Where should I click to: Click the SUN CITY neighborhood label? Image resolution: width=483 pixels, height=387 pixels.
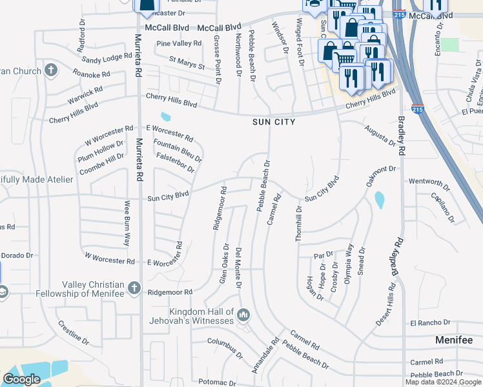274,122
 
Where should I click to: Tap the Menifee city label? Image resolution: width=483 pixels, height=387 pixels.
454,340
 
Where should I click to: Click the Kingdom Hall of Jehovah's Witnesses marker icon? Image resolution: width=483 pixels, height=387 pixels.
243,315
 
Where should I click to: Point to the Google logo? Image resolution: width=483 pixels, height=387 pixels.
21,379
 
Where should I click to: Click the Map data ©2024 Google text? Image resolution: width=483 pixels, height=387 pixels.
443,382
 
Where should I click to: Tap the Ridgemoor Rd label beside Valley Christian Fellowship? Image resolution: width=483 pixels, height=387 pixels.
170,292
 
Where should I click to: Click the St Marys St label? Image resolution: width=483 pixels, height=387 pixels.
187,63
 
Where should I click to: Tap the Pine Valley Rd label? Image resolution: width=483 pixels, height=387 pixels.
180,43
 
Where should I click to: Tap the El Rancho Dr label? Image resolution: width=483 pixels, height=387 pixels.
429,322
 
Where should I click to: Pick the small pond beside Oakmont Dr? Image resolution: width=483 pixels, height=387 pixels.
379,199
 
